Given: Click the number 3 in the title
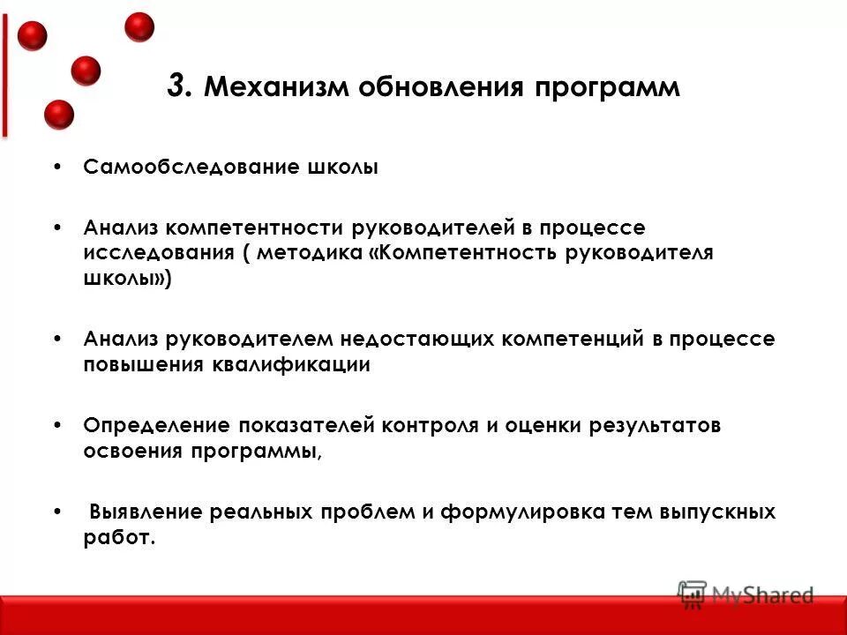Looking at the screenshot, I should point(176,87).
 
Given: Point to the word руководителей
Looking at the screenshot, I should point(428,228).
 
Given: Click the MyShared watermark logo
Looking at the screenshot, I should point(746,594).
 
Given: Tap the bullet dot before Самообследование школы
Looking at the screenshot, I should point(58,168).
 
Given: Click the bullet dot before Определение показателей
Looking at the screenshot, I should point(58,425).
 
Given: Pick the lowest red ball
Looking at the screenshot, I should point(59,115).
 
